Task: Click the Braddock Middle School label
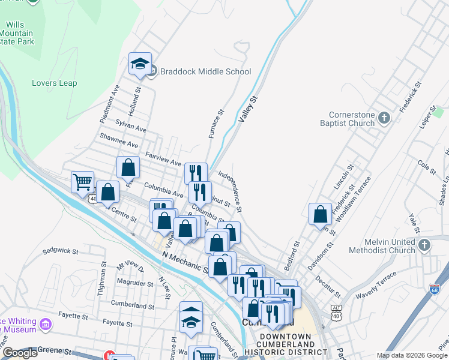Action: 205,72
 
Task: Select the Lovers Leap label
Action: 55,83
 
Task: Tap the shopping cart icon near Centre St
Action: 82,182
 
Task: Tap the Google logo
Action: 20,353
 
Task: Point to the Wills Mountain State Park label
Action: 19,33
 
